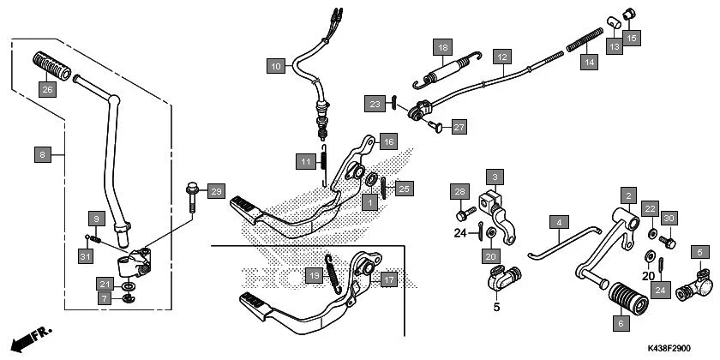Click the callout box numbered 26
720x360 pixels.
pos(47,89)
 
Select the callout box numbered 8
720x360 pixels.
pos(42,155)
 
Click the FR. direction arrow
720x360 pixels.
pos(29,336)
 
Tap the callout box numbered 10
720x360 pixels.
pos(274,66)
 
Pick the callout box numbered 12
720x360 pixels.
pos(502,57)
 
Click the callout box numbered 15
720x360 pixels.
pos(631,38)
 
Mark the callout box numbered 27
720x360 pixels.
pos(459,128)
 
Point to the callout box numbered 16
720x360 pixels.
pos(388,141)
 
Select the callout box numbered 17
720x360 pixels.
pos(388,279)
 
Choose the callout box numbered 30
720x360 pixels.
pos(669,219)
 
